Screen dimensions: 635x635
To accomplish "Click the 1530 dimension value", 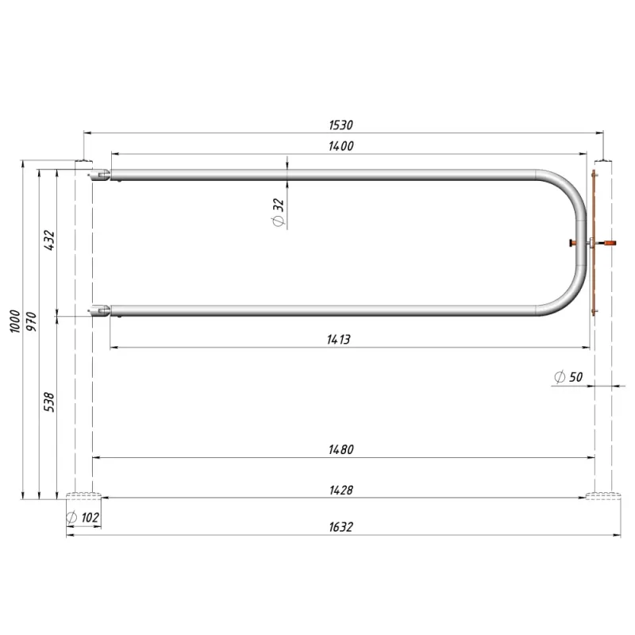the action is point(341,125).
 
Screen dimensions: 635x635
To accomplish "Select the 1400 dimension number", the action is point(341,146).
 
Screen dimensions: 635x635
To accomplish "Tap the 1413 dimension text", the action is point(339,340).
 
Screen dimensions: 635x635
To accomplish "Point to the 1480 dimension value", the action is point(341,449).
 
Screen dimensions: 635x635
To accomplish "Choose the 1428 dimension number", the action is point(341,491).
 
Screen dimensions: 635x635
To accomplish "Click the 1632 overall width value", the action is point(341,527).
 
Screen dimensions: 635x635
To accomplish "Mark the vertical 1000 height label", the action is point(15,321).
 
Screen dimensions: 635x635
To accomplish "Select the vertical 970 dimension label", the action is point(31,321).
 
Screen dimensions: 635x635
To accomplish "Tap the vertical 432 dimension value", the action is point(49,241).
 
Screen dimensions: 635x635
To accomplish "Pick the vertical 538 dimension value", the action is point(49,402).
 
